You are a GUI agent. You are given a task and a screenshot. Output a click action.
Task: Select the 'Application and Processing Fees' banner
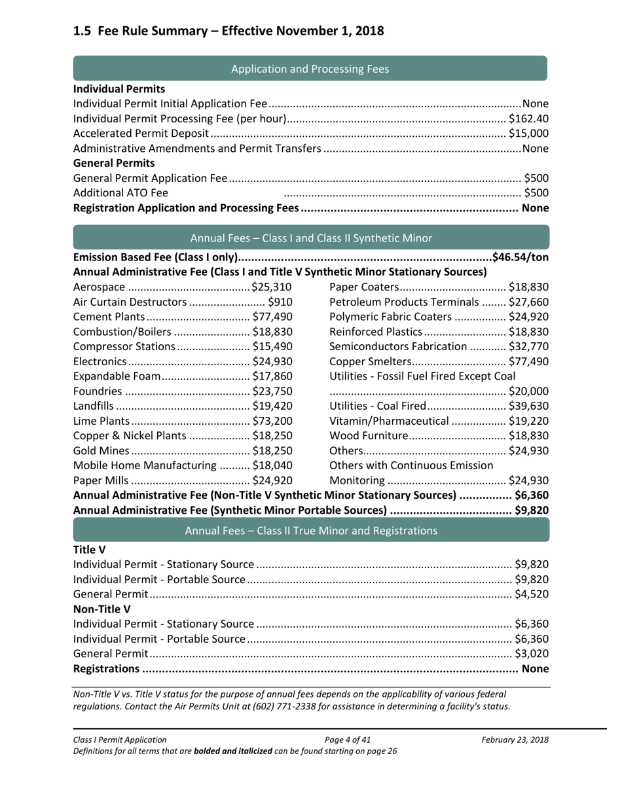(x=310, y=68)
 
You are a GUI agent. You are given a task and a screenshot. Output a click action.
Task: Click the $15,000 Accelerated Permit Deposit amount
(x=528, y=134)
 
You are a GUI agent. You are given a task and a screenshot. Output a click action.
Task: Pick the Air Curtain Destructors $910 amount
(x=280, y=302)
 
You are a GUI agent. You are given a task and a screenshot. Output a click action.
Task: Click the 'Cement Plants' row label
(x=105, y=317)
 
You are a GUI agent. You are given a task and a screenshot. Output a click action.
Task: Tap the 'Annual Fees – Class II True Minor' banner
(x=310, y=531)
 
